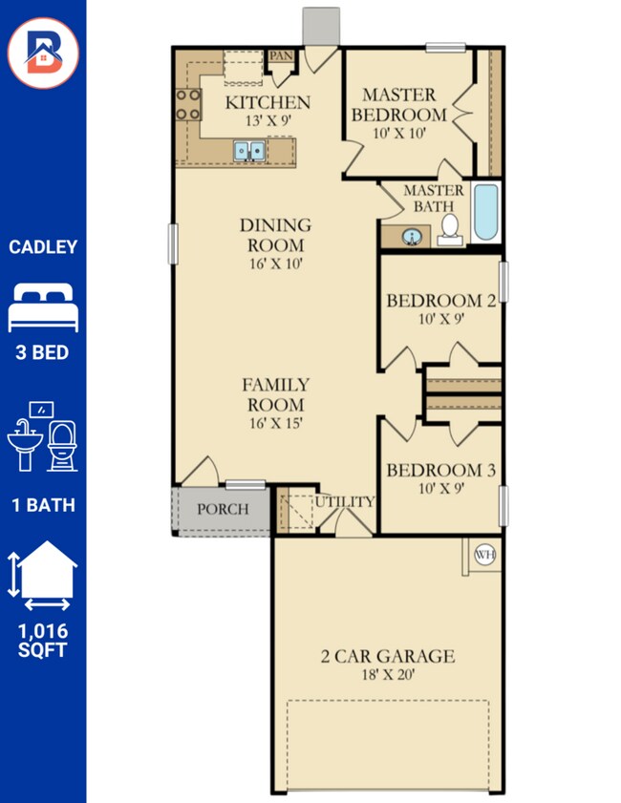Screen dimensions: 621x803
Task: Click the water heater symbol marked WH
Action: tap(484, 554)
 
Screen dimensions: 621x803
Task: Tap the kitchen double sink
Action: tap(249, 151)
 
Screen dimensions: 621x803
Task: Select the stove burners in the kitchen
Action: tap(188, 104)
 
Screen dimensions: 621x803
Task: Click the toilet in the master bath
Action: tap(450, 230)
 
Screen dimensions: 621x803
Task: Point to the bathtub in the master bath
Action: tap(485, 212)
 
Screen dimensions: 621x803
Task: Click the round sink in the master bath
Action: tap(412, 237)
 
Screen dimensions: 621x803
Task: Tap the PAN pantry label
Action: tap(281, 55)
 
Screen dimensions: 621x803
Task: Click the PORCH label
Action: tap(223, 509)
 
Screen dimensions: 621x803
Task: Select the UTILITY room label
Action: tap(344, 502)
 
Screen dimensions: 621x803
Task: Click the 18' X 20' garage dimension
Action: tap(388, 674)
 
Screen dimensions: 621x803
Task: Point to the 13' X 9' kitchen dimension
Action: tap(268, 121)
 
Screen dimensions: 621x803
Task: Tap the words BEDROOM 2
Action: tap(441, 301)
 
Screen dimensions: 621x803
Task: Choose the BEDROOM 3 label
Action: tap(441, 470)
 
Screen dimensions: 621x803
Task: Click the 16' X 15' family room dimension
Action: tap(276, 424)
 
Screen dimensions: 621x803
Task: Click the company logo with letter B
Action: tap(44, 53)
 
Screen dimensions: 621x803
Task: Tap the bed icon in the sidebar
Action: tap(43, 307)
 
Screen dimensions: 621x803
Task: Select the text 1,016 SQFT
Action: tap(43, 640)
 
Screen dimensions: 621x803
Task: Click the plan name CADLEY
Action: tap(43, 247)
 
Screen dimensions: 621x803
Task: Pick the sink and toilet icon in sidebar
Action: tap(43, 436)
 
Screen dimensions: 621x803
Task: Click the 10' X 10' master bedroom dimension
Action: tap(399, 134)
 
